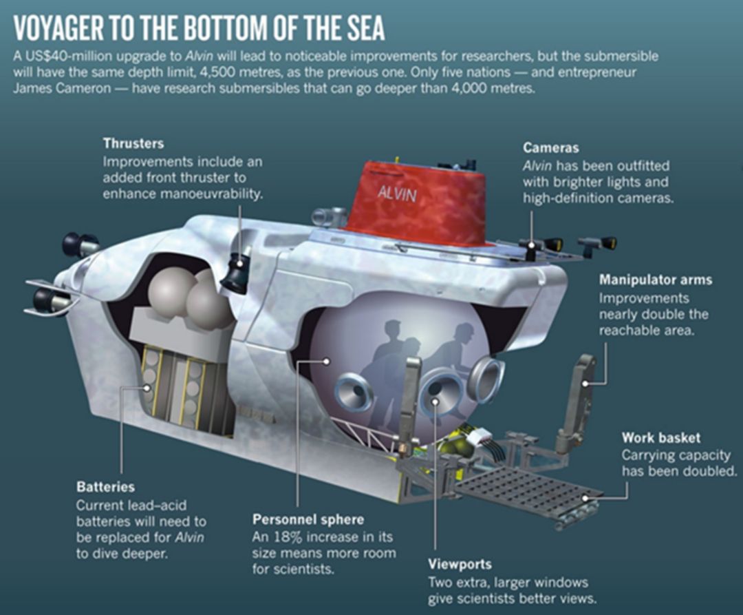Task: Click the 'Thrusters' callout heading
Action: [133, 143]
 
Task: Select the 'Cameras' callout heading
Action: [550, 148]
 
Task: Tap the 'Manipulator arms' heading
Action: [656, 280]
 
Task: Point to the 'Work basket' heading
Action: [661, 437]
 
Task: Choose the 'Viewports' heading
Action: [460, 564]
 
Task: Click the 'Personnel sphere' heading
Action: [308, 519]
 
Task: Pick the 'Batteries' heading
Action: [105, 487]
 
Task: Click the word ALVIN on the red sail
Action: [397, 193]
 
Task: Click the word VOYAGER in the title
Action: [58, 28]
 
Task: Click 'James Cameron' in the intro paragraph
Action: [62, 88]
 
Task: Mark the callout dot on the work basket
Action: [585, 498]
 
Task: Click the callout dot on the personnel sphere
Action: [327, 362]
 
